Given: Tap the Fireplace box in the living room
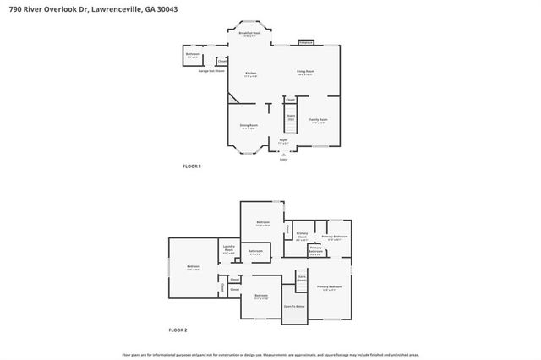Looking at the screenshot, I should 306,41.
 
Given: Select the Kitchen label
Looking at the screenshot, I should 251,74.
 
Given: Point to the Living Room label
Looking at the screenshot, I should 305,73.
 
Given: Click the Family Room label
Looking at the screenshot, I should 318,121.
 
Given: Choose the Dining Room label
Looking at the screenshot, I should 249,127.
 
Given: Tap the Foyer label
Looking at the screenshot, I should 284,141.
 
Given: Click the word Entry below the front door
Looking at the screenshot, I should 284,159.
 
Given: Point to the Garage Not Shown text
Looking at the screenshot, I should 211,71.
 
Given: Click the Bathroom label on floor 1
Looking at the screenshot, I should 193,55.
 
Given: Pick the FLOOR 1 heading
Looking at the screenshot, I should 192,166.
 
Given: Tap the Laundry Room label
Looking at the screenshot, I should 228,249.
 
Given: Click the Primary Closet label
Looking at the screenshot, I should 302,236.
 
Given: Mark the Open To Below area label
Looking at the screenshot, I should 294,306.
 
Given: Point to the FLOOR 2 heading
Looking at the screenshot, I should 178,329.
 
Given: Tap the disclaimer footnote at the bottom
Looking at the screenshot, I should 270,355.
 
